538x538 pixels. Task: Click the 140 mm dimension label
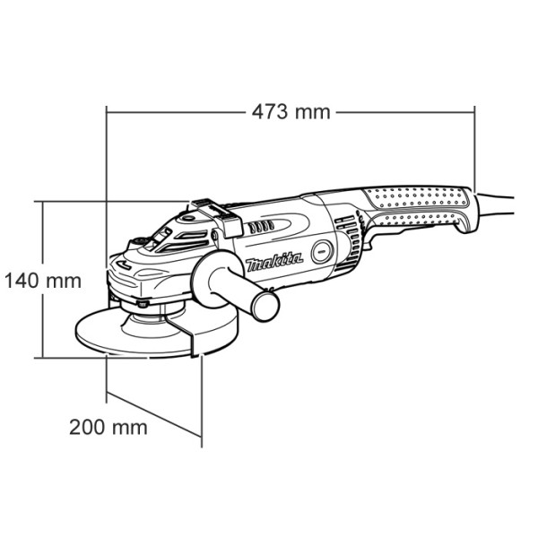[41, 281]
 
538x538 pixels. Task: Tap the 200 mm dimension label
[108, 426]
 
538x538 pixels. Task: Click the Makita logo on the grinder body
[274, 263]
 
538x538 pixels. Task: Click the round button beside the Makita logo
[322, 253]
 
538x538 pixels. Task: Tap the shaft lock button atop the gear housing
[140, 241]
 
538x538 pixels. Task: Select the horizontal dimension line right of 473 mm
[403, 112]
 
